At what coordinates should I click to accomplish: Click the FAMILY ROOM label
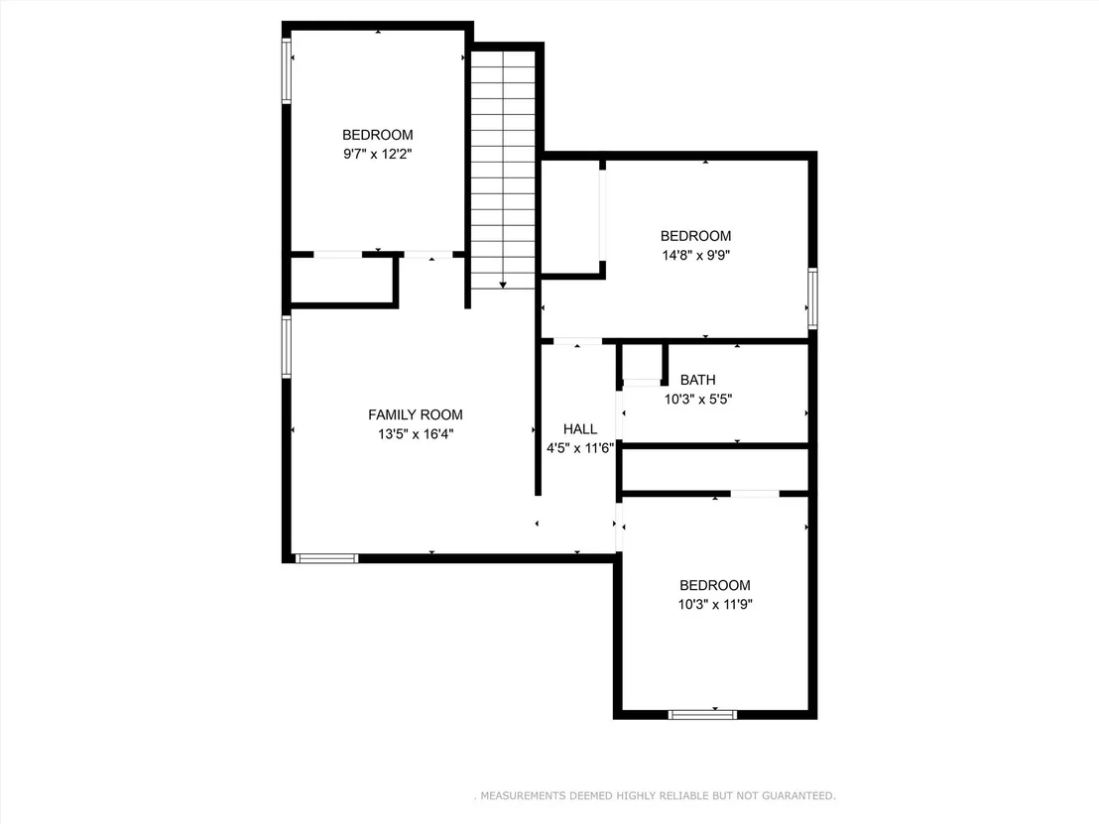(x=415, y=414)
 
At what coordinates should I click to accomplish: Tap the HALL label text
(x=580, y=428)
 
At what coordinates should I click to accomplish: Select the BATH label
(x=698, y=380)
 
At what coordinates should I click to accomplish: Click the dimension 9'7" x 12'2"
(x=377, y=154)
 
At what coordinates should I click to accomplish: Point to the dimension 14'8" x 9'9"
(x=696, y=255)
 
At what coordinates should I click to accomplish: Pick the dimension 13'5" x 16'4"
(x=416, y=433)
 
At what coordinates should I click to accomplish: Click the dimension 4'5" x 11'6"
(x=580, y=448)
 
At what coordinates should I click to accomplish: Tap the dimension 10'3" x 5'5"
(x=698, y=399)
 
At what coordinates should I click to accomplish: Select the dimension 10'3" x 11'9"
(x=715, y=604)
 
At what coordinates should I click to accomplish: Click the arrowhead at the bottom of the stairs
(x=503, y=286)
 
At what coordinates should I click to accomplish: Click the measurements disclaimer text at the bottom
(x=656, y=795)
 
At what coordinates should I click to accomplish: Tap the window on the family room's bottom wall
(x=326, y=558)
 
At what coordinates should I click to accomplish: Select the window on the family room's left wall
(x=287, y=347)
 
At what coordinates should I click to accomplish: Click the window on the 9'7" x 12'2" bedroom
(x=287, y=70)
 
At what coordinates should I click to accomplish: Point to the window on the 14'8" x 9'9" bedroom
(x=812, y=298)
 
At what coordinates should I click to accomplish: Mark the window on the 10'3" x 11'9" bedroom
(x=702, y=715)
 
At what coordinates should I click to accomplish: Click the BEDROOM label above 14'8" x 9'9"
(x=696, y=236)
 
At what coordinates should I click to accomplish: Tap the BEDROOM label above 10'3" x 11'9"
(x=715, y=585)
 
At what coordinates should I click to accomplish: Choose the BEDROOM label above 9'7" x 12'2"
(x=377, y=135)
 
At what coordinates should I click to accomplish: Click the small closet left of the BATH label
(x=642, y=362)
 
